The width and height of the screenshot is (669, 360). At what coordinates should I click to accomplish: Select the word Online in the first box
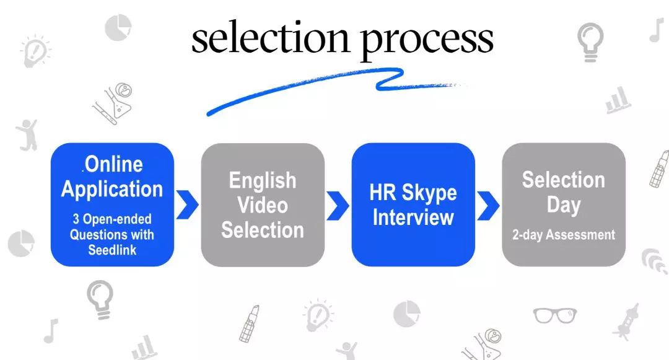pos(113,164)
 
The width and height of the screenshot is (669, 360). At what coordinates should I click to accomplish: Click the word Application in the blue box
pos(112,189)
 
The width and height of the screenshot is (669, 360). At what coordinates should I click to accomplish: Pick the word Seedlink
pos(112,250)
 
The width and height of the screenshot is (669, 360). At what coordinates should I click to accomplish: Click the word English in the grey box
pos(263,180)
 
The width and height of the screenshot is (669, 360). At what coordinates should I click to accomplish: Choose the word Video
pos(263,205)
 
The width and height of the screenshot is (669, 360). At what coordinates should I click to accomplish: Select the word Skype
pos(429,193)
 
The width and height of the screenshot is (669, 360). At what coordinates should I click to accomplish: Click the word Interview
pos(413,217)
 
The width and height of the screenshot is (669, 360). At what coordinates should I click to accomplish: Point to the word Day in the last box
pos(563,205)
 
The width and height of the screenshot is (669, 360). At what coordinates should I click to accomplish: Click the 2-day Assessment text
pos(564,235)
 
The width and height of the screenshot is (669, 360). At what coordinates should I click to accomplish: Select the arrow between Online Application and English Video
pos(187,205)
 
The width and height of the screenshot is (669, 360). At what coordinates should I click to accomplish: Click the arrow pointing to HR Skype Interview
pos(338,205)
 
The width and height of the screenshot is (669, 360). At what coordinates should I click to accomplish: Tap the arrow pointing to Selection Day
pos(488,205)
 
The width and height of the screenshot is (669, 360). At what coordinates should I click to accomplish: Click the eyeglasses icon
pos(555,315)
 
